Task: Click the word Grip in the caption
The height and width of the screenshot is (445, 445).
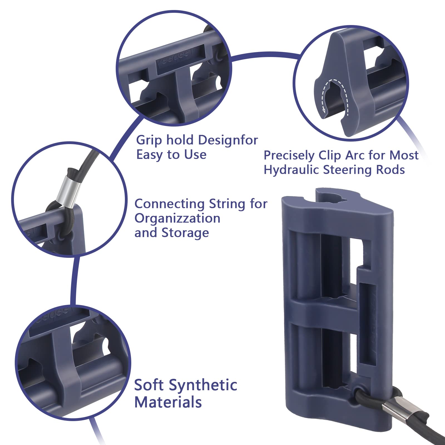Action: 149,140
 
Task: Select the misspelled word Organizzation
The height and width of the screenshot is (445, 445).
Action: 177,218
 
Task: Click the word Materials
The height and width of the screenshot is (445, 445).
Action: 168,402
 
